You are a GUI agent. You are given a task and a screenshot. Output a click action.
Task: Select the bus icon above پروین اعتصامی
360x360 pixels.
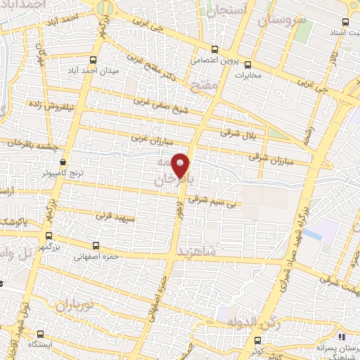tap(214, 49)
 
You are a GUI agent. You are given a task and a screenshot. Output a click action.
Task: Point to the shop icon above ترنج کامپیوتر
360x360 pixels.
tap(63, 160)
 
